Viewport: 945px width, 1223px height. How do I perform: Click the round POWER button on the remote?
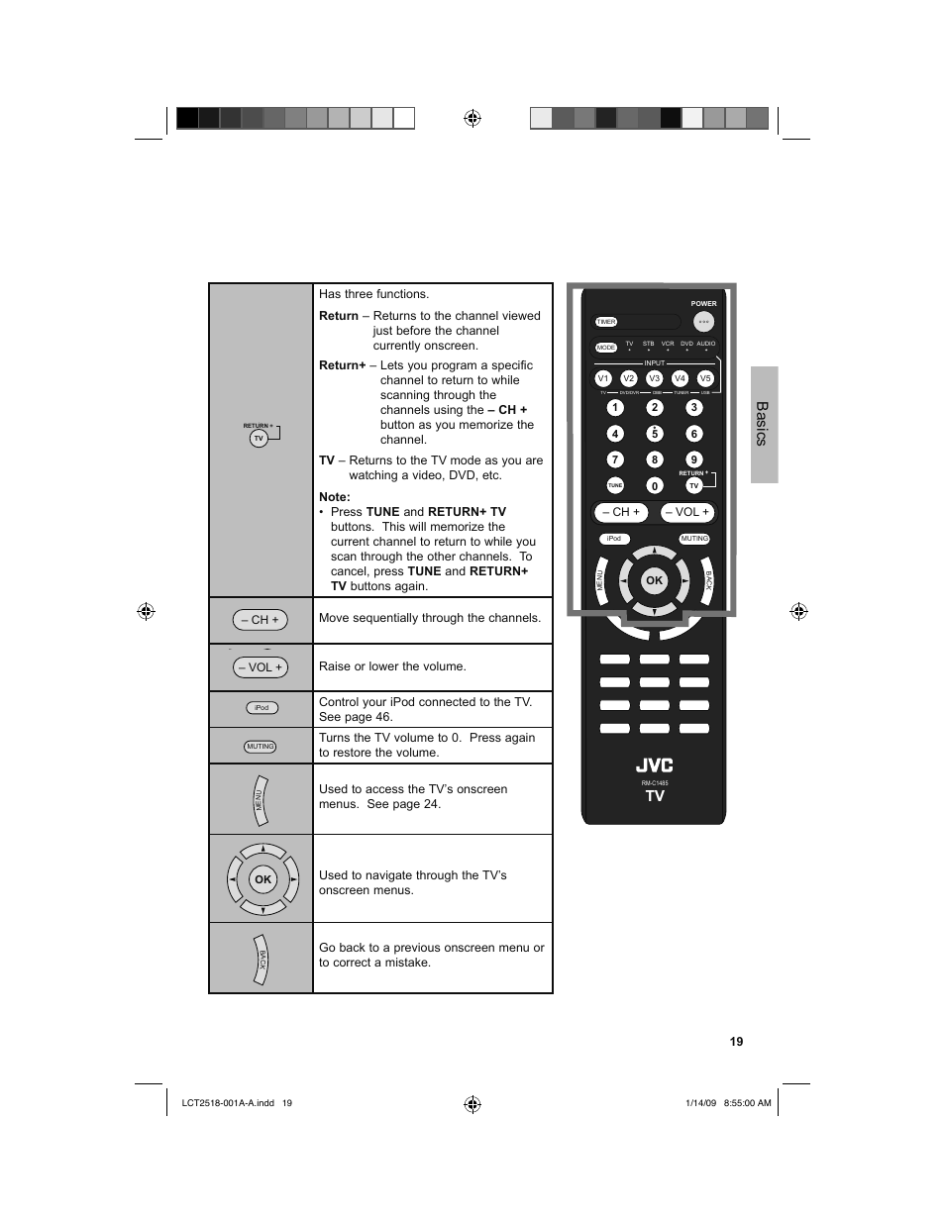click(703, 322)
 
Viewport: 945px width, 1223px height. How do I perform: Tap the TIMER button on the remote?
click(606, 322)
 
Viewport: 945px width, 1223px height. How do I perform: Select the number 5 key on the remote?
click(655, 434)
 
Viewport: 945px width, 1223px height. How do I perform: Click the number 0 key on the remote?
click(655, 485)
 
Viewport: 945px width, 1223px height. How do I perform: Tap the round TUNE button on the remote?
click(615, 485)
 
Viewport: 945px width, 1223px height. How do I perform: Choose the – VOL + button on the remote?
click(687, 512)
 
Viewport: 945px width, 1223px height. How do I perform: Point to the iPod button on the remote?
click(614, 539)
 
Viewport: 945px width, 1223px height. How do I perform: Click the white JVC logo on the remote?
click(654, 765)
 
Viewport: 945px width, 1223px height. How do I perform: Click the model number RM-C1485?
click(655, 782)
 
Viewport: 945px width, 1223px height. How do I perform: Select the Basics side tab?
click(764, 424)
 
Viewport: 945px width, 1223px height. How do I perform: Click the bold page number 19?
click(736, 1041)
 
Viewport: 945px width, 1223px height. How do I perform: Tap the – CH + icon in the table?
click(260, 620)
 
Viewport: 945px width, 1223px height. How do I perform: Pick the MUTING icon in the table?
click(261, 747)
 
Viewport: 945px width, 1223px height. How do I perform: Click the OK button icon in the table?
click(262, 878)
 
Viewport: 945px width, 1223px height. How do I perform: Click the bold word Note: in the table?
click(335, 497)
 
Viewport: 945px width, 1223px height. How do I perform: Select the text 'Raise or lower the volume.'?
click(392, 666)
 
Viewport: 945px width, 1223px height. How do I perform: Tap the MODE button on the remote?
click(606, 348)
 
